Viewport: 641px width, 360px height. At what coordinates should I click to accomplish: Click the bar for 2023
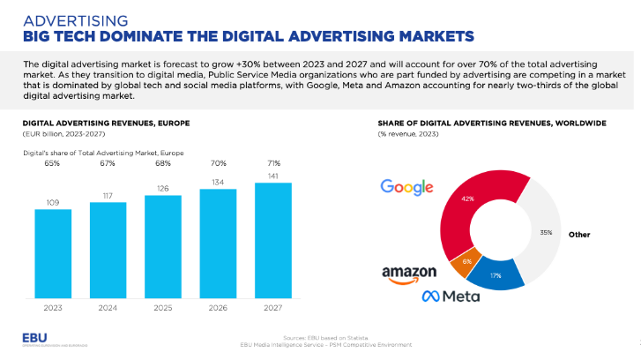53,254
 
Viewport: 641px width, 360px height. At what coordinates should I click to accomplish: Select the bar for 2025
162,247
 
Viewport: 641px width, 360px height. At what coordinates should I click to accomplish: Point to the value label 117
108,195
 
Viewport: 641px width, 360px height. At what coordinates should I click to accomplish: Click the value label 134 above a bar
217,181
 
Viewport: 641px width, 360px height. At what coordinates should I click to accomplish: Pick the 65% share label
53,163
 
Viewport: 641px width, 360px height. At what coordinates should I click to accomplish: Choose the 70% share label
217,163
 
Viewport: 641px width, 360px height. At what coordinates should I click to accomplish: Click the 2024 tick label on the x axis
108,308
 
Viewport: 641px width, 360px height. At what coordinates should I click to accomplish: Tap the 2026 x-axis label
217,308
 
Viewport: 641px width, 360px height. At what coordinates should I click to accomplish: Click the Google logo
406,186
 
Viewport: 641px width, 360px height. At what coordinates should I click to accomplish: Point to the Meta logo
451,295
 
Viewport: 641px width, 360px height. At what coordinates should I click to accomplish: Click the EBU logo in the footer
38,340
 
